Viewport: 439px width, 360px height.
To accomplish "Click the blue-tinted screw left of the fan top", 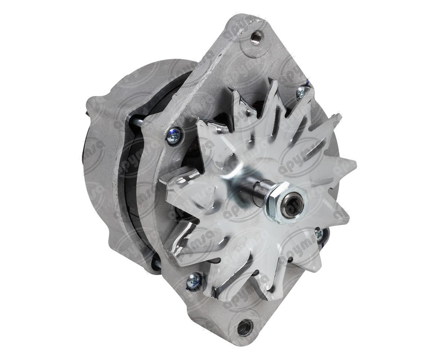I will pos(174,136).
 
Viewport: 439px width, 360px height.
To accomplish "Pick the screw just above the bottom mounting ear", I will pos(194,281).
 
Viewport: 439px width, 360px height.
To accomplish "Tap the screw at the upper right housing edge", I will pos(301,91).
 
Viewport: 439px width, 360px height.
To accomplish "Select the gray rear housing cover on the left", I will pos(103,171).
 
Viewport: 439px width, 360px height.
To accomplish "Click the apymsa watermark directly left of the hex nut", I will pos(240,210).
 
